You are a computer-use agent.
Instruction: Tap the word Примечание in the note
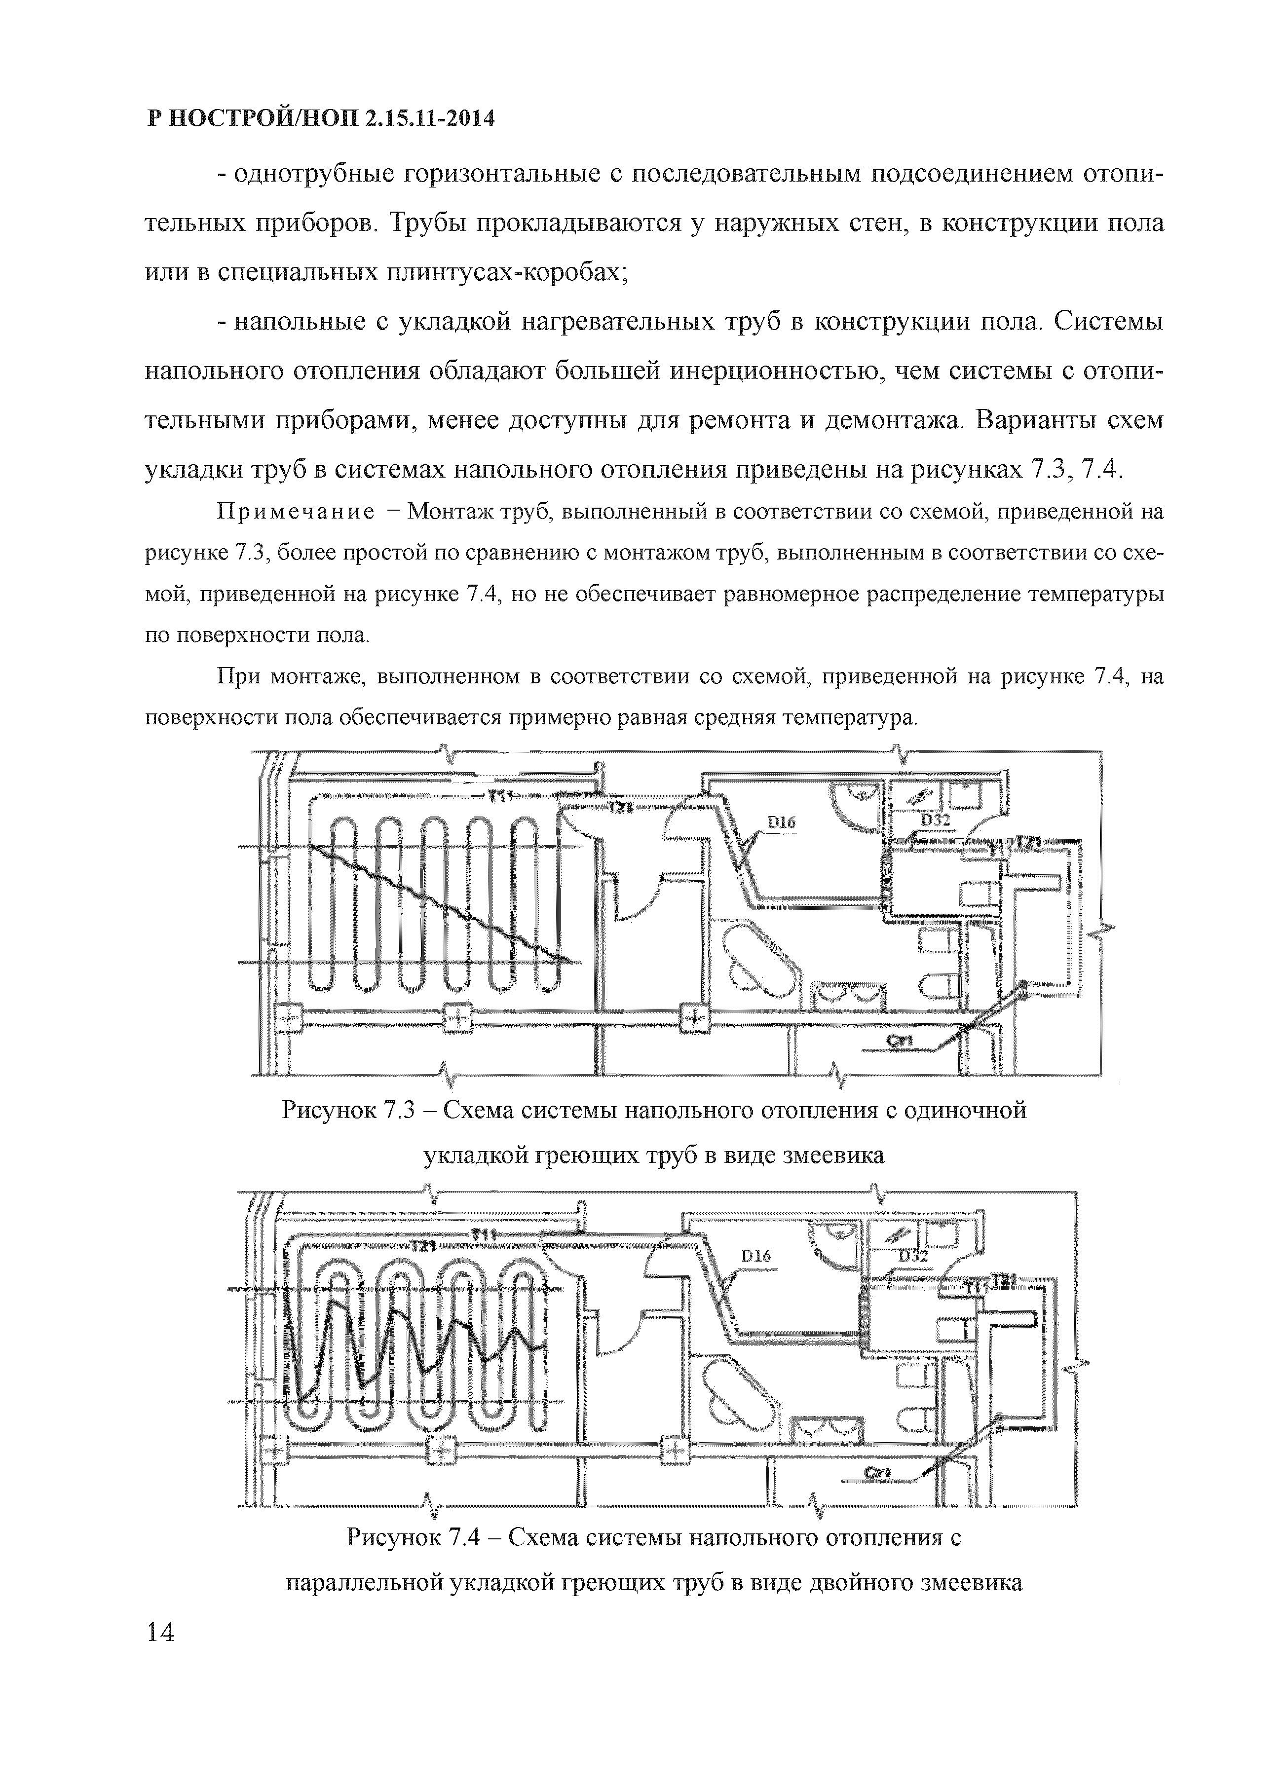click(296, 513)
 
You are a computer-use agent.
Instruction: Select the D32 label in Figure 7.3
click(935, 820)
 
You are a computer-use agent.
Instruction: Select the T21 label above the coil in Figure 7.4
click(424, 1245)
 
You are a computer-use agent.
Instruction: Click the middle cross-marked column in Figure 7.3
click(457, 1018)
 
